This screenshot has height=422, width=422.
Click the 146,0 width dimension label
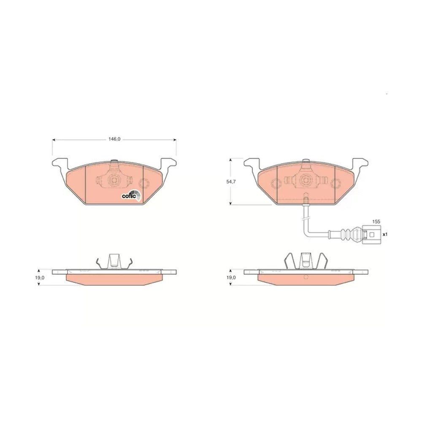coord(114,139)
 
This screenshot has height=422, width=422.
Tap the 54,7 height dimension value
coord(231,181)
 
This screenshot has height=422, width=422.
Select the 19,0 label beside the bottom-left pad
coord(39,278)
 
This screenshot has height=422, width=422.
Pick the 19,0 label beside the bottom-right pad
coord(231,278)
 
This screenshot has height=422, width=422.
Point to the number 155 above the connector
coord(376,222)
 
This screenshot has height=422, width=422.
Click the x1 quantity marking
coord(385,234)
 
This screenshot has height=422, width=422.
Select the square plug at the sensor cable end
coord(372,234)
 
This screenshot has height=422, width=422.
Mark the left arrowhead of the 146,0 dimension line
coord(54,140)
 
